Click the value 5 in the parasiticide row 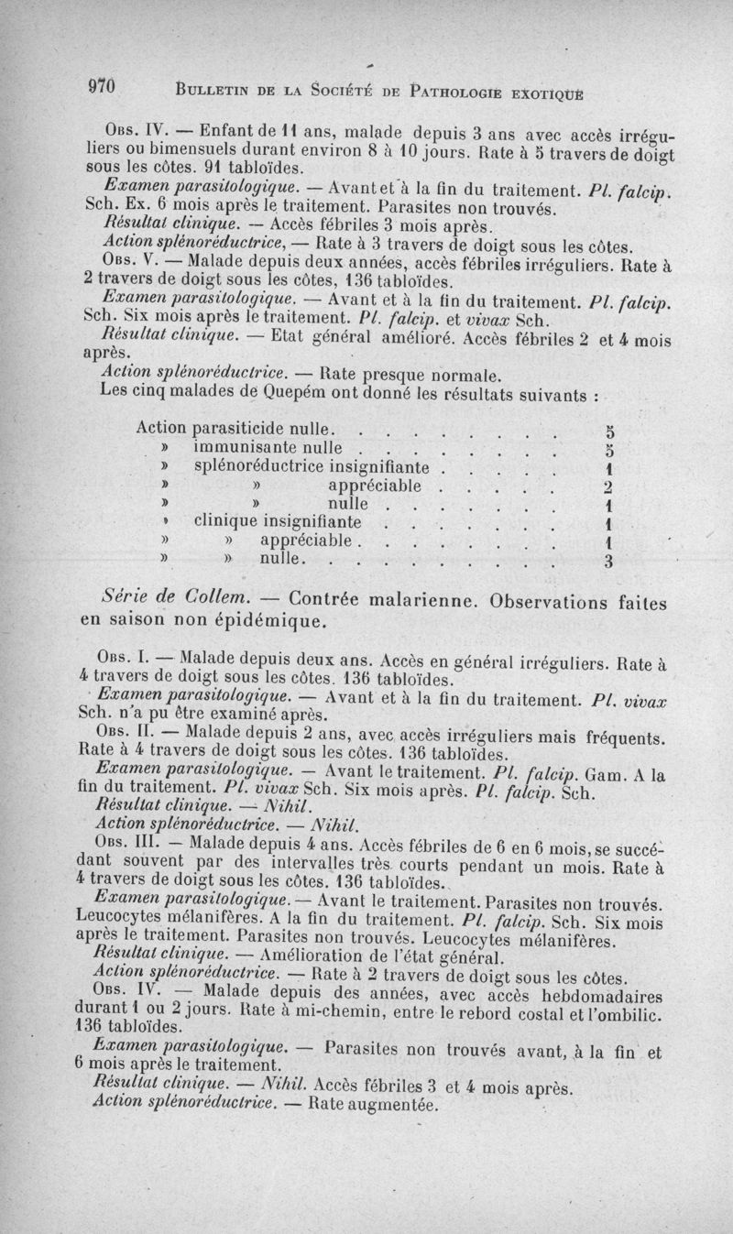609,430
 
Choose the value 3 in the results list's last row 608,562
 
